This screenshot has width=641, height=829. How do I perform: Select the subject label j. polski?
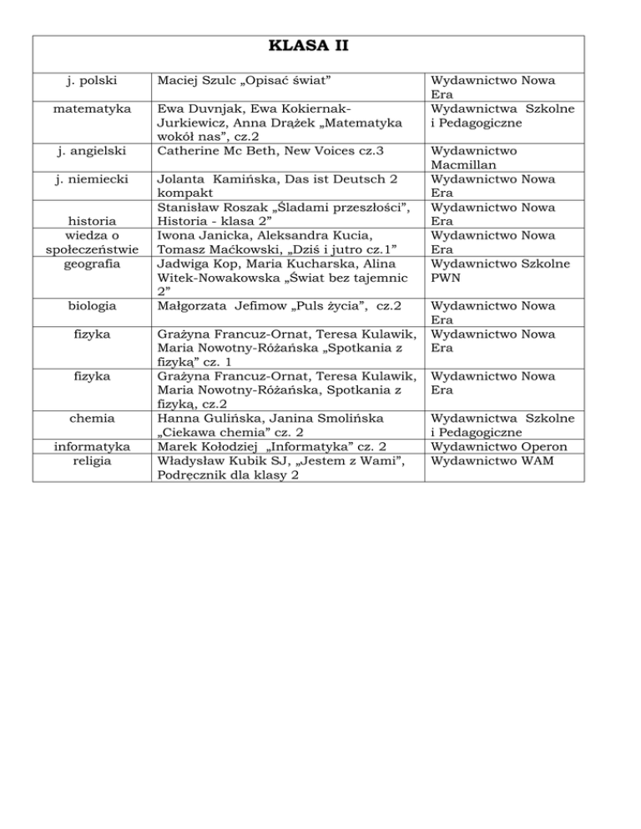click(x=91, y=80)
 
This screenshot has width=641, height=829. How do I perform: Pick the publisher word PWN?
click(x=442, y=279)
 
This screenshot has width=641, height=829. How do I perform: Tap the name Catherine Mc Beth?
click(x=220, y=151)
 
